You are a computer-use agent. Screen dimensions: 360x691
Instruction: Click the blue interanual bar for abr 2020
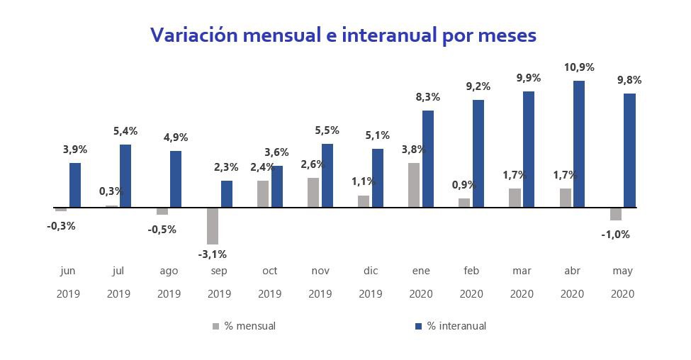pos(579,144)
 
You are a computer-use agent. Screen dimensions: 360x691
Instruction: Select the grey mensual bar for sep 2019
pos(212,225)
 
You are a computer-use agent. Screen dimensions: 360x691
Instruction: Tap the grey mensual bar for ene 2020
pos(414,185)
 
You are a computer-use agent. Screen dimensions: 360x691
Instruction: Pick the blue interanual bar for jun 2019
pos(75,185)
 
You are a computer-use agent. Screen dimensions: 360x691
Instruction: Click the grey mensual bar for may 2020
pos(615,214)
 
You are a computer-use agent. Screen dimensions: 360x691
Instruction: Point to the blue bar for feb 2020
pos(478,154)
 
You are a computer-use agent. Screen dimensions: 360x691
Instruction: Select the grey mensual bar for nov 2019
pos(313,193)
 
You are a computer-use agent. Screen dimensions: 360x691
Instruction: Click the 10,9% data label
pos(579,67)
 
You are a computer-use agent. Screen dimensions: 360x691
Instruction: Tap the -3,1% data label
pos(212,254)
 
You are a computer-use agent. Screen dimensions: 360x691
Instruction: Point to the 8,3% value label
pos(428,97)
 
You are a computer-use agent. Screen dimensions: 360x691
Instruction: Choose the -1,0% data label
pos(615,234)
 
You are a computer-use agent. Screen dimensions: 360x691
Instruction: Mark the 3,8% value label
pos(414,150)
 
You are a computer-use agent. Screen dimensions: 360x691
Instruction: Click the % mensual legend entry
pos(244,326)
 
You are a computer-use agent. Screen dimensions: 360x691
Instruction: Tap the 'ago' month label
pos(169,271)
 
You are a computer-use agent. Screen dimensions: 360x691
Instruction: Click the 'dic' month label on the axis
pos(371,271)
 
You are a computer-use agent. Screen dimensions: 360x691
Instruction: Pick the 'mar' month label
pos(522,271)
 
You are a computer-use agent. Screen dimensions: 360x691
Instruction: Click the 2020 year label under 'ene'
pos(421,294)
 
